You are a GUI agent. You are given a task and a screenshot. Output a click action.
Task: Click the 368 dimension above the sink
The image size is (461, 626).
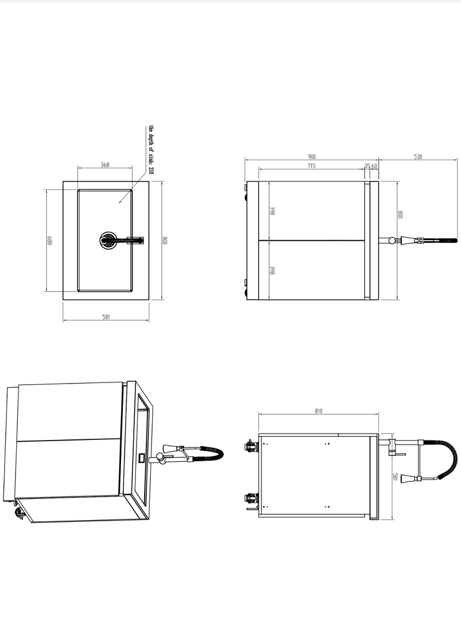click(x=105, y=165)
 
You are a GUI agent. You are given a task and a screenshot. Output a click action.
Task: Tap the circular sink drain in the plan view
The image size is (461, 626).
click(x=108, y=240)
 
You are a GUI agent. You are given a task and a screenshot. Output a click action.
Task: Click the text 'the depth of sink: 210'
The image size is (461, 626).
click(x=152, y=151)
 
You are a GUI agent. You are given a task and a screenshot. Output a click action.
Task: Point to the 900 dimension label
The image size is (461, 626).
click(x=311, y=157)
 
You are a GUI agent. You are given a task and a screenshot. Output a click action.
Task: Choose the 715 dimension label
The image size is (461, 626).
click(x=311, y=166)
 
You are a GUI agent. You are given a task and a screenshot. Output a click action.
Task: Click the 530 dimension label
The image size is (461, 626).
click(x=418, y=157)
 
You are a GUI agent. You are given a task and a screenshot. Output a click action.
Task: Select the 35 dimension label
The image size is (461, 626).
click(x=367, y=166)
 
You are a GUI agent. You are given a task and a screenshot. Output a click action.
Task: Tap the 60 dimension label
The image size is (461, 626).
click(x=374, y=166)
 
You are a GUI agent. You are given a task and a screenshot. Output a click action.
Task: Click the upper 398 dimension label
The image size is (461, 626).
click(x=271, y=211)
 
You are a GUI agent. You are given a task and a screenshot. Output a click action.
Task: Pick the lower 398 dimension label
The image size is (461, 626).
click(x=271, y=270)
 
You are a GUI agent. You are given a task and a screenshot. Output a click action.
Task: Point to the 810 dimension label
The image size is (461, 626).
click(x=319, y=411)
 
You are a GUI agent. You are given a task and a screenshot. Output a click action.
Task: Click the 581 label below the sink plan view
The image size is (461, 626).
click(x=105, y=317)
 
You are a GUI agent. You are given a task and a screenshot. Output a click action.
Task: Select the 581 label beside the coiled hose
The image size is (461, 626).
click(x=395, y=477)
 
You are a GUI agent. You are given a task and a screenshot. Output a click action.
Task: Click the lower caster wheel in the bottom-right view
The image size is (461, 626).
click(x=250, y=498)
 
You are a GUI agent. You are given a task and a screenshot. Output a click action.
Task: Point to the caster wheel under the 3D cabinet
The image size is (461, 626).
click(x=18, y=514)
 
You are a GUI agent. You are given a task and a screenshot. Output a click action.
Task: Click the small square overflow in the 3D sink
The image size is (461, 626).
click(x=142, y=458)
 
